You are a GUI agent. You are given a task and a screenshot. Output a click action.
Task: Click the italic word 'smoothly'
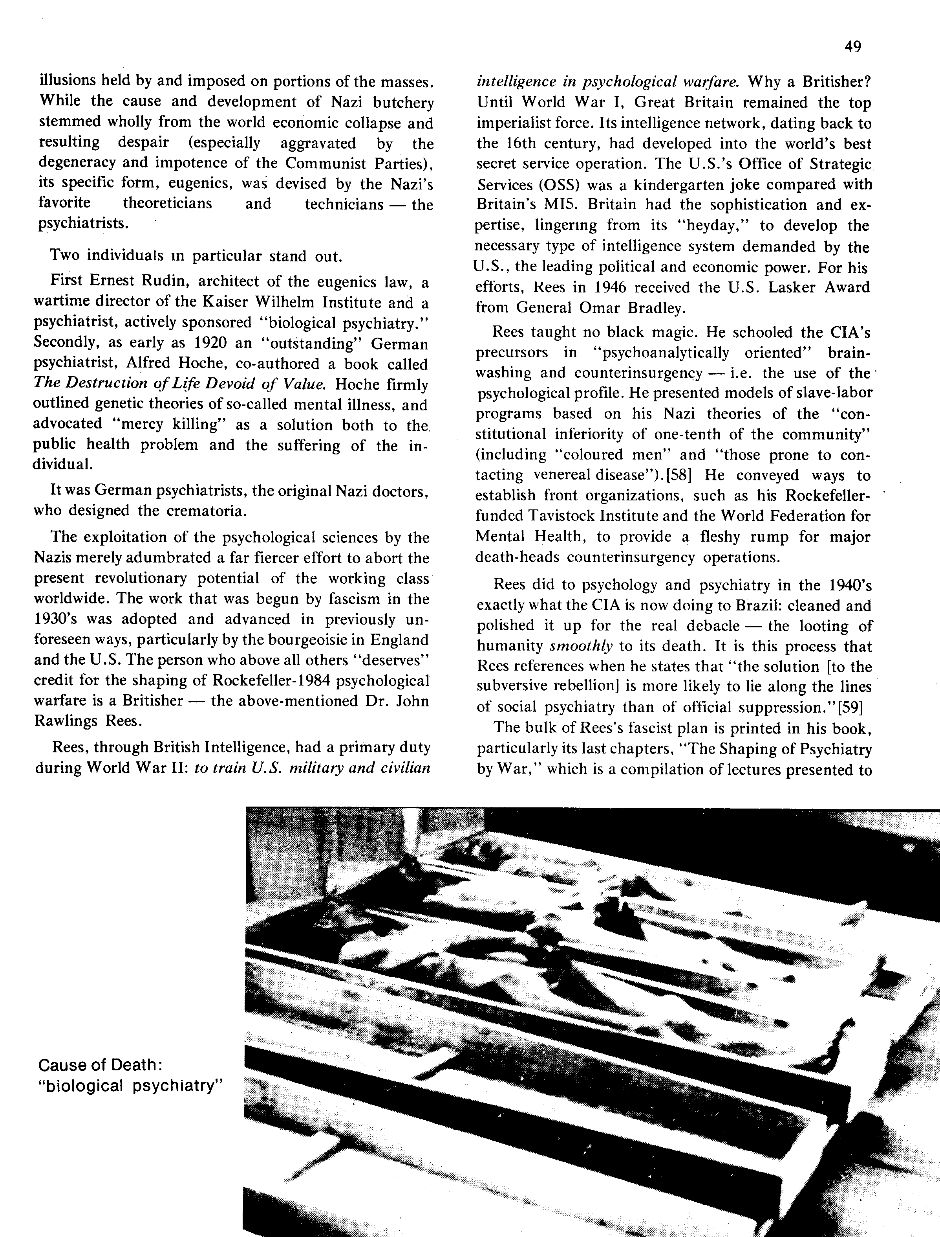(582, 646)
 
